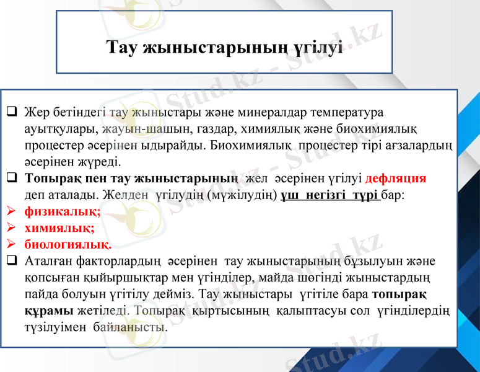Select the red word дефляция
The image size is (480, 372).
coord(396,179)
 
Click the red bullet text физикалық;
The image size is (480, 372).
coord(63,211)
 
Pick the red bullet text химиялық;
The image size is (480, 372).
coord(59,228)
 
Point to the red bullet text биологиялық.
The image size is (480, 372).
coord(68,244)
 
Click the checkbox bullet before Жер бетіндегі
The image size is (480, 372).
coord(12,113)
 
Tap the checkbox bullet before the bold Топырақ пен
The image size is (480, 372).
coord(12,179)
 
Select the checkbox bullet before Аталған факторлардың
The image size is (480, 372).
coord(12,260)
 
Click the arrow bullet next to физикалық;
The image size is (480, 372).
coord(11,211)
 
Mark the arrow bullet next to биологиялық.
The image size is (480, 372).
coord(11,244)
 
